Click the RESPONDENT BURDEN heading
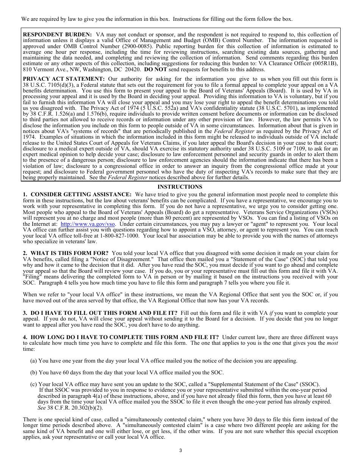pos(57,34)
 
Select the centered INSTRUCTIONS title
pos(180,187)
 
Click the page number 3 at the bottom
pos(180,450)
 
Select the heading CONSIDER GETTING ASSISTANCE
pos(81,194)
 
